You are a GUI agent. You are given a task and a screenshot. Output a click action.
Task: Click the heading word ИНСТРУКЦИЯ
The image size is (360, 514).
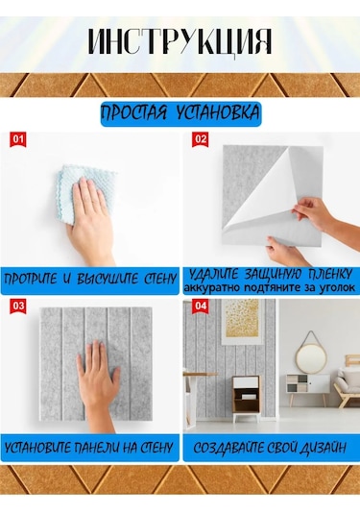click(180, 41)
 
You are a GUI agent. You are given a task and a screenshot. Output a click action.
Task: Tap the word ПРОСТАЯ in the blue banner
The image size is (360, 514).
click(134, 113)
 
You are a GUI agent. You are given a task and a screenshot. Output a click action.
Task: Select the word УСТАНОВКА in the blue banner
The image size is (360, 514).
click(218, 113)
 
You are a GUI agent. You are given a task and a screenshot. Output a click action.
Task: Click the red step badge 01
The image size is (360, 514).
click(18, 140)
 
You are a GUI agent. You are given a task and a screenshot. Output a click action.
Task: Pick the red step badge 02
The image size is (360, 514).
click(200, 140)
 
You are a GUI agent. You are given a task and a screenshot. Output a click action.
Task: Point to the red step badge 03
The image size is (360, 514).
click(18, 306)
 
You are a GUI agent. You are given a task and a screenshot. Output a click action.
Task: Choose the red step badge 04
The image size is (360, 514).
click(200, 306)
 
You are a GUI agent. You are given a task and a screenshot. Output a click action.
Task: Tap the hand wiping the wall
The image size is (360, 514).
click(90, 220)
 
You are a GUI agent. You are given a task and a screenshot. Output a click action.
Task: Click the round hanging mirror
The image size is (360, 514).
click(311, 358)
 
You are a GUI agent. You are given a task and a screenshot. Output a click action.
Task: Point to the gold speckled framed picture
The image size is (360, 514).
click(243, 322)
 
